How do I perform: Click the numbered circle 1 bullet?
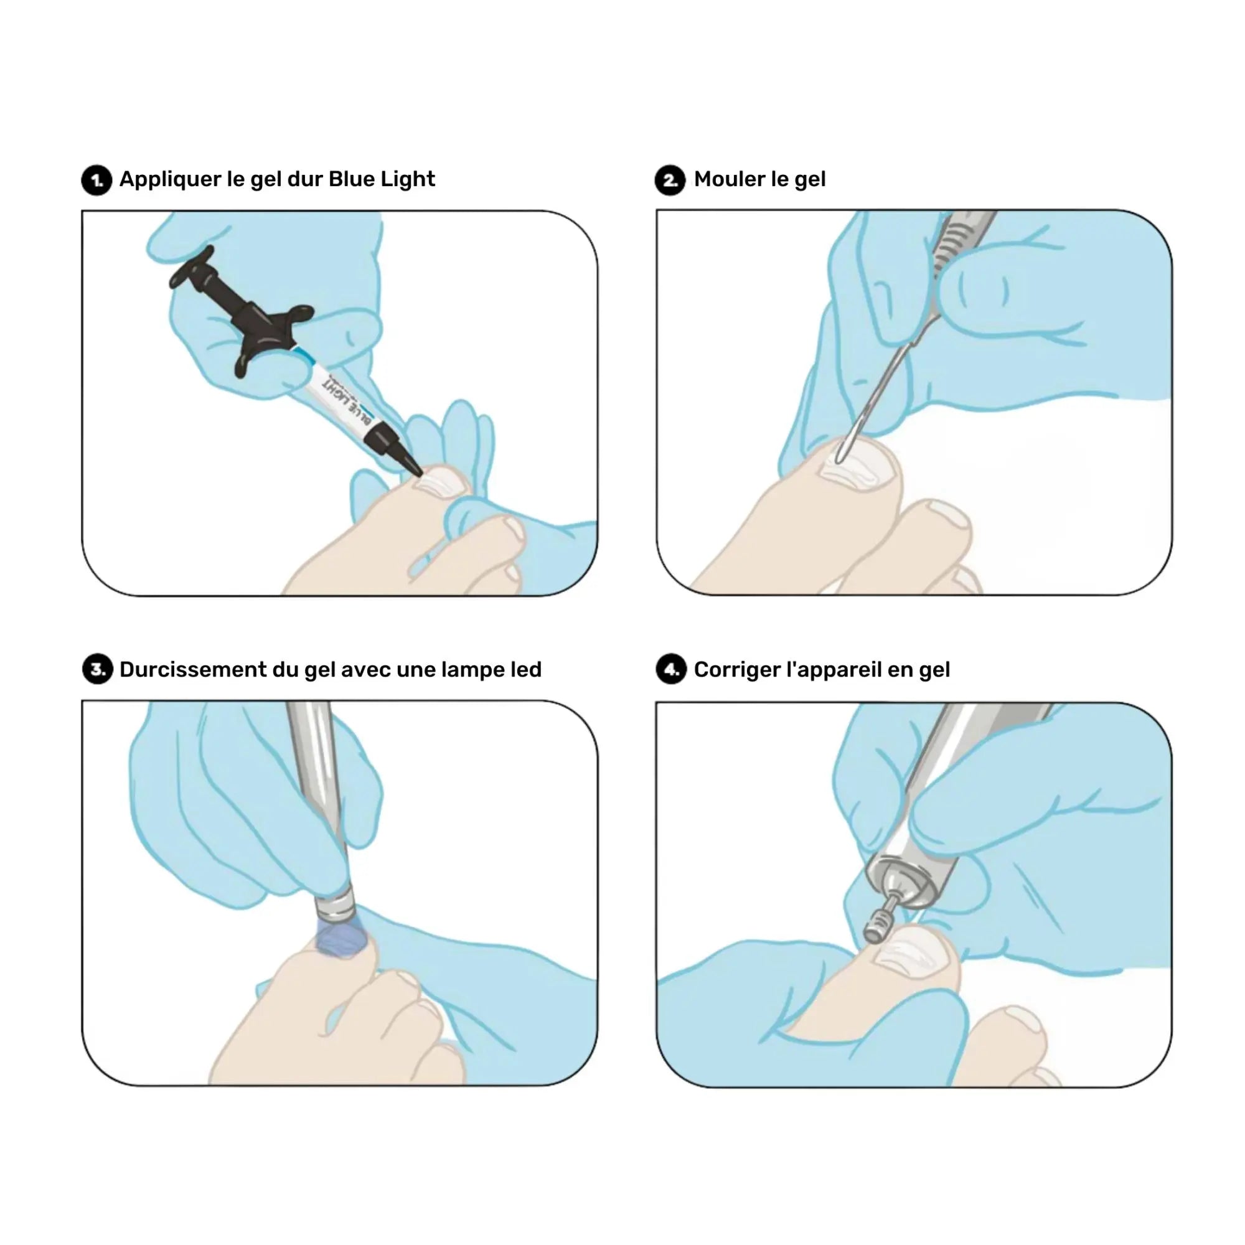pos(96,180)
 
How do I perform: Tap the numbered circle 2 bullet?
pos(670,180)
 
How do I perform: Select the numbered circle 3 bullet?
pos(97,670)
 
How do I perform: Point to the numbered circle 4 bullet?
pos(671,670)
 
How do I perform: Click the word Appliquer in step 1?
pos(170,180)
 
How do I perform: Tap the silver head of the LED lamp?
pos(335,902)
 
